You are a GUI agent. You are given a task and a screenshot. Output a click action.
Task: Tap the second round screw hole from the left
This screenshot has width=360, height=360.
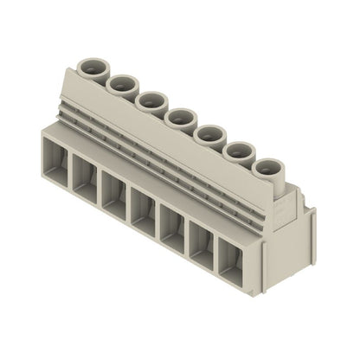click(x=122, y=83)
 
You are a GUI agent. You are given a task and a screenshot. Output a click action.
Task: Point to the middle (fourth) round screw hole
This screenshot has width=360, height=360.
click(x=181, y=116)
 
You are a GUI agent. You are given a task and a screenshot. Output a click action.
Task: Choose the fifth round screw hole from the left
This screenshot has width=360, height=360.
click(x=210, y=133)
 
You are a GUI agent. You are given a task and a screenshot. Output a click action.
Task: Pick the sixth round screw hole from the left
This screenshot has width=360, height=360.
click(x=240, y=150)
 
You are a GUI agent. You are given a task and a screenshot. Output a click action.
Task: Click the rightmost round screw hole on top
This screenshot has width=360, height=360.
click(x=269, y=166)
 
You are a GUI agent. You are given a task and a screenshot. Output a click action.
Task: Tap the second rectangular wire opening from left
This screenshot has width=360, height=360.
click(x=85, y=179)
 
